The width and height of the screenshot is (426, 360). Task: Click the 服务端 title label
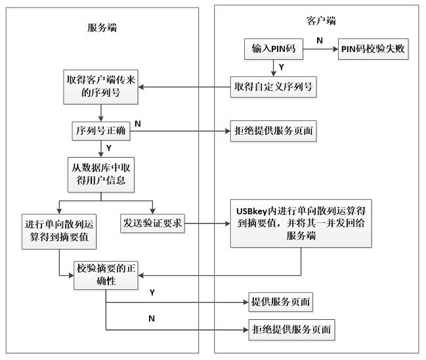tap(103, 28)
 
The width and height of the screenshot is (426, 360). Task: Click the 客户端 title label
tap(321, 20)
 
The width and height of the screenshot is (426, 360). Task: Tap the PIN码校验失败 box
tap(373, 50)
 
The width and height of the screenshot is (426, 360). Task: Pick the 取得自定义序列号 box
tap(272, 87)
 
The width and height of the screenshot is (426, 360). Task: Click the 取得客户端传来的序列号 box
tap(102, 87)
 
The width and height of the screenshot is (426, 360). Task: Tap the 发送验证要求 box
tap(152, 224)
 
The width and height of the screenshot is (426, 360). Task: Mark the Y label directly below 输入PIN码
tap(281, 67)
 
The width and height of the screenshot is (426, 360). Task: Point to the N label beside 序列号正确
tap(138, 123)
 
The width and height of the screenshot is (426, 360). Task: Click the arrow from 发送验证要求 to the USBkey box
tap(206, 224)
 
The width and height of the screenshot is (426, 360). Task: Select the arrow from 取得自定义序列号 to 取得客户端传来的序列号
tap(184, 87)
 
